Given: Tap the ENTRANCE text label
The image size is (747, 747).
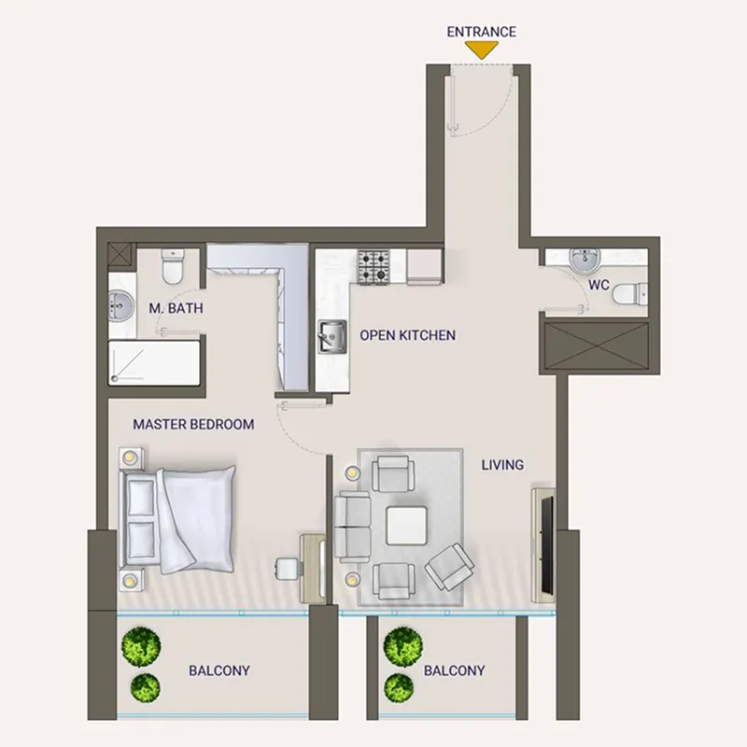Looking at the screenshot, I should [481, 31].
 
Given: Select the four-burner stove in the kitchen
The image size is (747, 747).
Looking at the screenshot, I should [376, 267].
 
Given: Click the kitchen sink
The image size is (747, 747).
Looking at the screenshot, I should [331, 335].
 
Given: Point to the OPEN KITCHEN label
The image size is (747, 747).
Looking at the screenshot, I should [407, 334].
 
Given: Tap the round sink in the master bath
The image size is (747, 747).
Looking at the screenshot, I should [120, 305].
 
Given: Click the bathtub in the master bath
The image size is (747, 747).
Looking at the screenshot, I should [154, 361].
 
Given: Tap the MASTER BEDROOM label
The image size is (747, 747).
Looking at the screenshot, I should [193, 424].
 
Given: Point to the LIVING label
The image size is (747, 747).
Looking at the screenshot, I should [502, 464].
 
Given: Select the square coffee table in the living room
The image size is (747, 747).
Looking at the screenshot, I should [407, 526].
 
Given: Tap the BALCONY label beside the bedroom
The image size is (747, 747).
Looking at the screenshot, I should [220, 670].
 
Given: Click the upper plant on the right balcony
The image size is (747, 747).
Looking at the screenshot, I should [402, 643].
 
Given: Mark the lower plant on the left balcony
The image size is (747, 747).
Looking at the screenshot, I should [145, 688].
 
